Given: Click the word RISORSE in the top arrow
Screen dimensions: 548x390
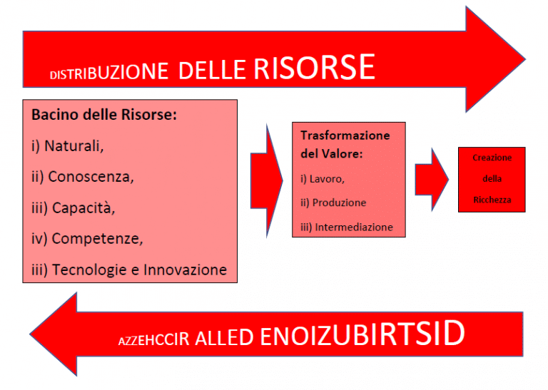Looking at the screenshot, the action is click(x=314, y=68).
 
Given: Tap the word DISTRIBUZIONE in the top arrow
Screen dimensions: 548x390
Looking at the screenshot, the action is click(x=109, y=71).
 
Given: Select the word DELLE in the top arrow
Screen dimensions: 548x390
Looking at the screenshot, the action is click(x=212, y=70).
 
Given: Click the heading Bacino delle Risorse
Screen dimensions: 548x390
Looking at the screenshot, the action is click(x=104, y=115).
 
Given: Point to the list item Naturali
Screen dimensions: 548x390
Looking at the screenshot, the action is click(x=68, y=146).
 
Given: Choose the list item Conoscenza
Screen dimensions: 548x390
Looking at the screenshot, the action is click(x=83, y=177).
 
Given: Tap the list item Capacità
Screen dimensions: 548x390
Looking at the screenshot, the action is click(x=73, y=207).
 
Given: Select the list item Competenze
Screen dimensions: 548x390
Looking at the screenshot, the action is click(x=87, y=239).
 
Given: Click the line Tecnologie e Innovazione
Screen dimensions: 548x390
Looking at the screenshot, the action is click(x=129, y=270).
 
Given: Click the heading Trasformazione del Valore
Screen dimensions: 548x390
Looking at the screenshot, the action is click(x=345, y=144).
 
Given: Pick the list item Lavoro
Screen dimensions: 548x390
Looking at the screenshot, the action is click(x=323, y=179).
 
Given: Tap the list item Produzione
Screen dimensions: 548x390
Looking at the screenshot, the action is click(x=333, y=202).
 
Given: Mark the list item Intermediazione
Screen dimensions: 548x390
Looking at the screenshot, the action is click(x=347, y=227).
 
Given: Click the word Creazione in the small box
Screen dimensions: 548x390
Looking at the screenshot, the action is click(x=492, y=158).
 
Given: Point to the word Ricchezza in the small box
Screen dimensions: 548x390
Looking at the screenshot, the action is click(x=492, y=200).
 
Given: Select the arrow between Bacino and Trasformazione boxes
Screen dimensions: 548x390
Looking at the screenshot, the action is click(x=267, y=180).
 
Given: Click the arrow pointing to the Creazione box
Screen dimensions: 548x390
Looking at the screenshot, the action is click(x=432, y=180).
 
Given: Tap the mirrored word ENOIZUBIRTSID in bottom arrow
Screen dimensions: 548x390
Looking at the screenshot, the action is click(x=362, y=333).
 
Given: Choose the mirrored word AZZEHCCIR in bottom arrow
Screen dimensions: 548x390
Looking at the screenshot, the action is click(x=154, y=339).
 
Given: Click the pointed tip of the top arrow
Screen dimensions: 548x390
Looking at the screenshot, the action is click(x=525, y=59).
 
